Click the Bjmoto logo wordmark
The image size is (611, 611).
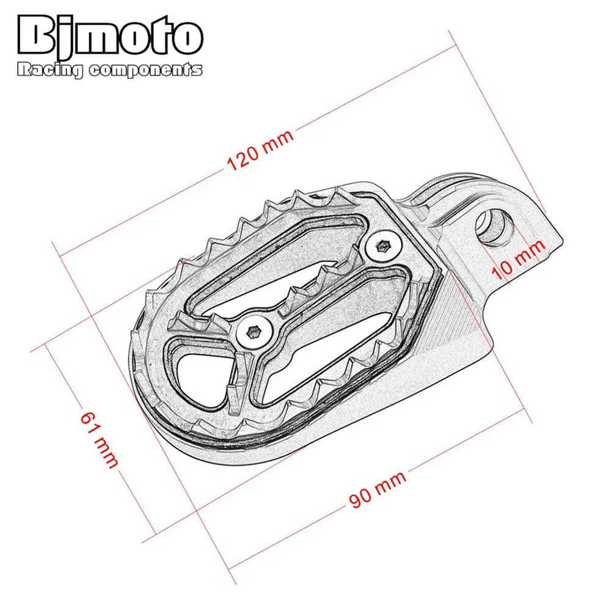(x=110, y=37)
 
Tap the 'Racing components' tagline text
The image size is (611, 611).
(x=110, y=70)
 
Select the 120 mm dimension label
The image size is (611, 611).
(x=260, y=150)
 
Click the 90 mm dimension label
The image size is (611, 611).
(x=378, y=489)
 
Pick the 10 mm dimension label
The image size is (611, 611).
(x=518, y=258)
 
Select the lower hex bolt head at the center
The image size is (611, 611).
(x=254, y=332)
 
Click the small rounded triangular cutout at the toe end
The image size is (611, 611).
(x=200, y=380)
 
